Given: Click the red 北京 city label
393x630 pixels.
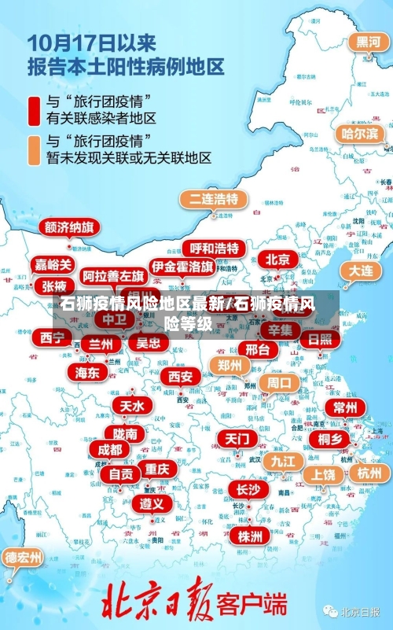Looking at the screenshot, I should pyautogui.click(x=277, y=260).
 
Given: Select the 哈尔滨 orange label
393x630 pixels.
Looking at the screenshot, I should pyautogui.click(x=358, y=134).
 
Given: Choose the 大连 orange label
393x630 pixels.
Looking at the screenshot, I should pyautogui.click(x=361, y=270).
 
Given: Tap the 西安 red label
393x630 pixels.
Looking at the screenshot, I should pyautogui.click(x=180, y=376).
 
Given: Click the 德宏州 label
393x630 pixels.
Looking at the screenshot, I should pyautogui.click(x=24, y=558).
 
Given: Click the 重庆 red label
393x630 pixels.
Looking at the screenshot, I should pyautogui.click(x=156, y=469).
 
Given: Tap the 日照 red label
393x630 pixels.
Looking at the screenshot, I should pyautogui.click(x=320, y=339).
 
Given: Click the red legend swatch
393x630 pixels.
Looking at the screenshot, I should pyautogui.click(x=35, y=110).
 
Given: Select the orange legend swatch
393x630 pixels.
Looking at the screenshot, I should pyautogui.click(x=35, y=149).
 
